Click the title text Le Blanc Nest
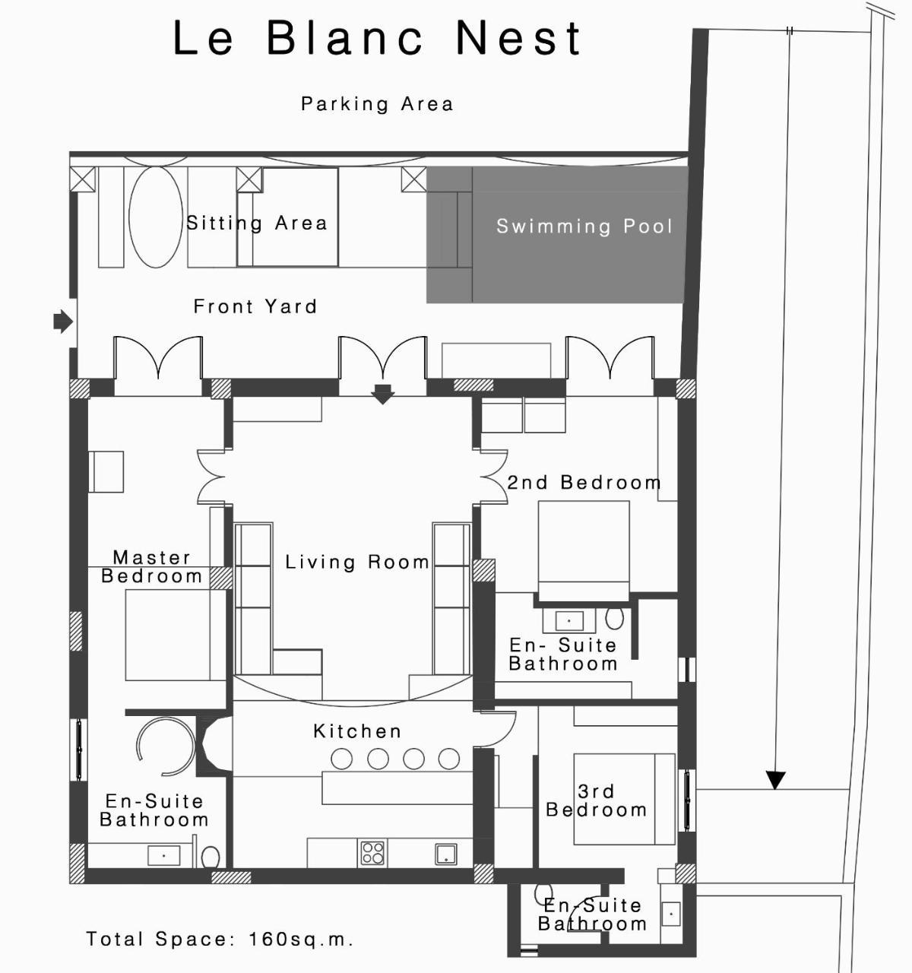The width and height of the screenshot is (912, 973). click(x=377, y=39)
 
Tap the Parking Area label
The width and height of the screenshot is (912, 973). click(x=377, y=104)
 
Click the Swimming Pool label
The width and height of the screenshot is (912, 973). click(x=584, y=227)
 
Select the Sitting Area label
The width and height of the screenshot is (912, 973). click(x=257, y=223)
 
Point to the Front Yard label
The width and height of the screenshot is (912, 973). click(x=255, y=307)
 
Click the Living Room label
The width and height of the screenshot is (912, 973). click(x=357, y=563)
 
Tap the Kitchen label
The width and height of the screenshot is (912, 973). click(x=357, y=731)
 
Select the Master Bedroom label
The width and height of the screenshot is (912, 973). click(x=152, y=567)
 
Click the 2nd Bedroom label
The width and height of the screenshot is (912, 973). click(x=584, y=483)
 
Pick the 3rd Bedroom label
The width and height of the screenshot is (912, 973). click(x=597, y=801)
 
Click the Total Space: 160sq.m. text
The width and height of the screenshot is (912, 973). click(x=220, y=940)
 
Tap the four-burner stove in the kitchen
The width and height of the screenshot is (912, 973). click(x=372, y=853)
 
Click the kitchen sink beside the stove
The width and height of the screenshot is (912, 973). click(x=446, y=854)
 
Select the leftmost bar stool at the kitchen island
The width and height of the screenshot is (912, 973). click(x=342, y=759)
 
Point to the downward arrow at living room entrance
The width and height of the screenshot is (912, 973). click(x=382, y=395)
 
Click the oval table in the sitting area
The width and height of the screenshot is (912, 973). click(x=156, y=217)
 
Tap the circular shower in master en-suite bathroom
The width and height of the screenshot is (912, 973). click(x=166, y=747)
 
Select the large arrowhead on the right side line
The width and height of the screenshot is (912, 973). click(x=775, y=780)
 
